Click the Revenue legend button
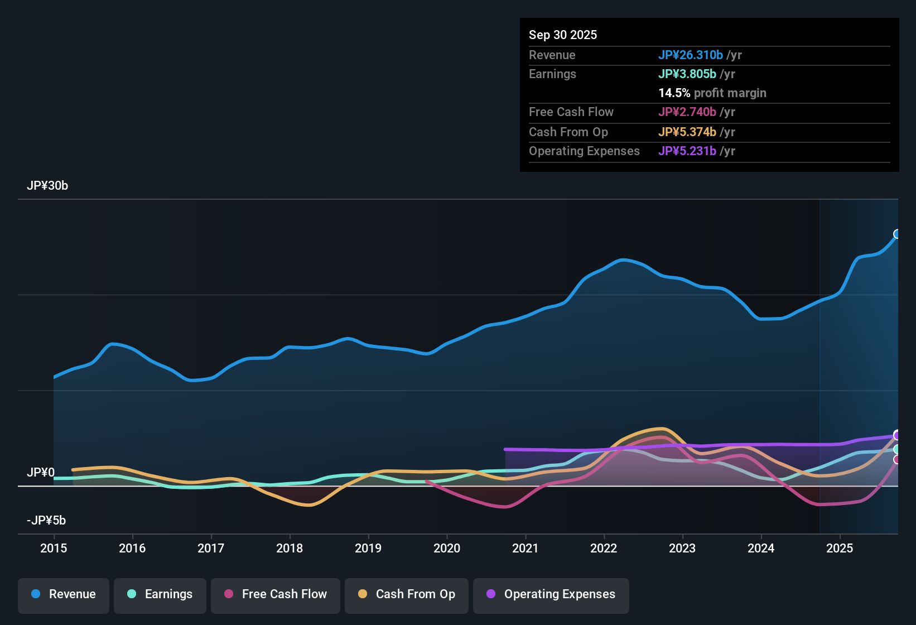click(64, 594)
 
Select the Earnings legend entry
click(160, 594)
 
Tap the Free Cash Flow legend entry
click(276, 594)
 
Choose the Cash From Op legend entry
click(407, 594)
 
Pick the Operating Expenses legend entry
click(551, 594)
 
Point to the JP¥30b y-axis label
click(47, 186)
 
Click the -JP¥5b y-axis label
click(46, 521)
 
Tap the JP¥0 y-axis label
click(41, 473)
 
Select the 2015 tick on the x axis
click(54, 549)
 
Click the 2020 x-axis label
click(447, 549)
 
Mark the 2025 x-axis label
click(840, 549)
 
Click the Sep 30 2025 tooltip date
click(563, 35)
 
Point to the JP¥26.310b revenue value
click(691, 55)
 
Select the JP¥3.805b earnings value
click(687, 74)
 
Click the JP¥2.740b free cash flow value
click(687, 112)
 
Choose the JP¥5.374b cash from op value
click(687, 132)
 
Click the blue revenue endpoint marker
click(897, 234)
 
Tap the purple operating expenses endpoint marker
click(897, 435)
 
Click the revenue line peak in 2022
click(623, 260)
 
